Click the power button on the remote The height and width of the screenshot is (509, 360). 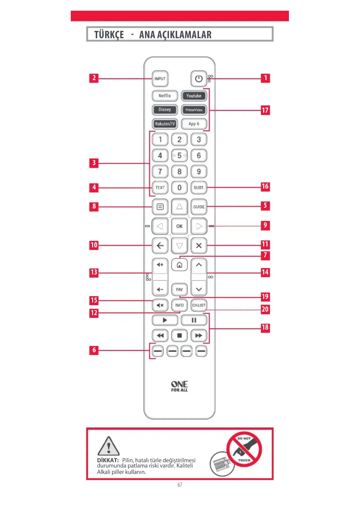pyautogui.click(x=199, y=79)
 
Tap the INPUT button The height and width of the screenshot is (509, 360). pyautogui.click(x=160, y=79)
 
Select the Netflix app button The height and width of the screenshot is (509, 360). pyautogui.click(x=164, y=96)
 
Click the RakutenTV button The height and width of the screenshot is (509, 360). pyautogui.click(x=164, y=124)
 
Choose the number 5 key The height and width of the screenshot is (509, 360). pyautogui.click(x=179, y=156)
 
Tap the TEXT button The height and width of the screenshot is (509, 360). pyautogui.click(x=160, y=188)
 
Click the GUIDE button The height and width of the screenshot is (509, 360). pyautogui.click(x=199, y=207)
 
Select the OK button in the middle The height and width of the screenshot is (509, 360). pyautogui.click(x=179, y=226)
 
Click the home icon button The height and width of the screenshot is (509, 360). pyautogui.click(x=179, y=265)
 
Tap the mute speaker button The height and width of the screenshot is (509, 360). pyautogui.click(x=160, y=305)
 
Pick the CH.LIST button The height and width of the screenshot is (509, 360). pyautogui.click(x=199, y=305)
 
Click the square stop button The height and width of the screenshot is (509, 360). pyautogui.click(x=179, y=336)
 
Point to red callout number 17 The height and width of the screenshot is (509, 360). pyautogui.click(x=265, y=110)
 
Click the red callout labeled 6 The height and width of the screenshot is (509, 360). pyautogui.click(x=94, y=350)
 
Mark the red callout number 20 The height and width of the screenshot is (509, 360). pyautogui.click(x=265, y=309)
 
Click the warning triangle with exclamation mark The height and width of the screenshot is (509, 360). pyautogui.click(x=108, y=446)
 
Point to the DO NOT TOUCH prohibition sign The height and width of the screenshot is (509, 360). pyautogui.click(x=244, y=450)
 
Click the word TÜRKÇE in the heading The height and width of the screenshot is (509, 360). pyautogui.click(x=109, y=35)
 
